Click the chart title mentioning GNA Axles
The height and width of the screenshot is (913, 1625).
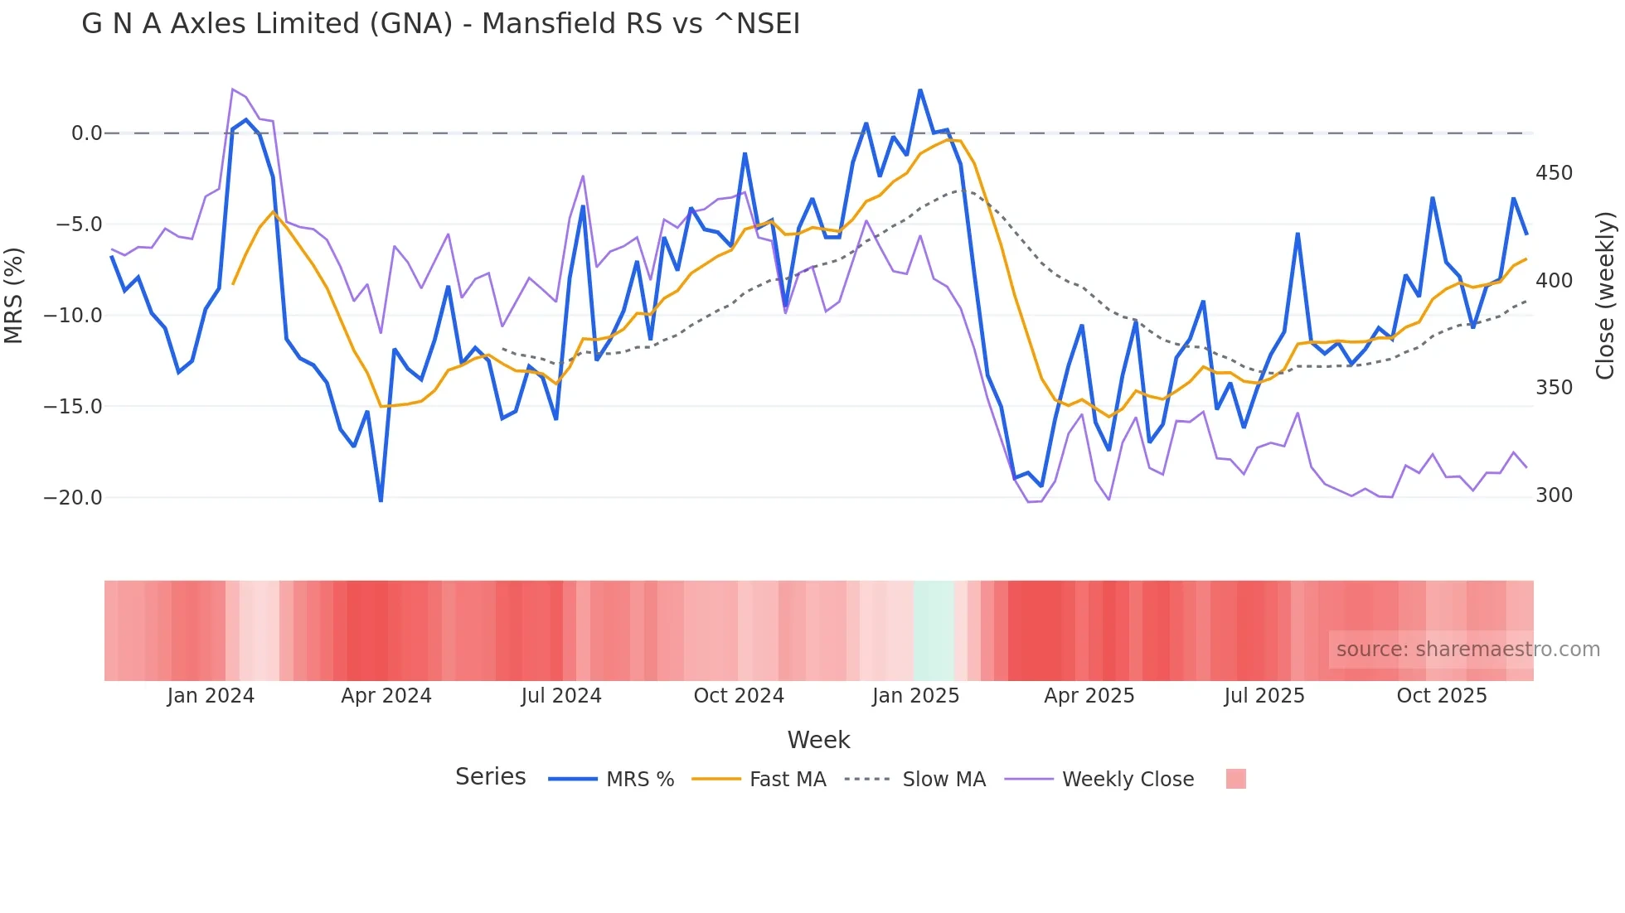point(440,24)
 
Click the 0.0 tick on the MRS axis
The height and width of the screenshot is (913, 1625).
point(86,133)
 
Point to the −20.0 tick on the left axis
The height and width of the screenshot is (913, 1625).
point(73,498)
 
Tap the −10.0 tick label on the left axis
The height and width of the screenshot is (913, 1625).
point(73,316)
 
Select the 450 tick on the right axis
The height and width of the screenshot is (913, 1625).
point(1554,173)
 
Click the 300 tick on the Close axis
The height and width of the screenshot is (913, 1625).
point(1554,495)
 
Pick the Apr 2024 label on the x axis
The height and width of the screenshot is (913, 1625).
point(386,696)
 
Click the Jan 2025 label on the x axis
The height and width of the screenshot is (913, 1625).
point(915,696)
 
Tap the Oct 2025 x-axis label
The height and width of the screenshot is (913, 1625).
point(1442,696)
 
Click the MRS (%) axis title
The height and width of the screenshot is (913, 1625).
point(14,295)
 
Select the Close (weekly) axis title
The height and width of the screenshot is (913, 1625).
point(1605,295)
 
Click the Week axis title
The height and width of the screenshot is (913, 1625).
point(818,740)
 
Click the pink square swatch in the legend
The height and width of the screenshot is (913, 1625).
point(1235,779)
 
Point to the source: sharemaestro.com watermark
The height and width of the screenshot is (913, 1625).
point(1467,650)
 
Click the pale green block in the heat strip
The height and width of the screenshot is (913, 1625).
point(934,630)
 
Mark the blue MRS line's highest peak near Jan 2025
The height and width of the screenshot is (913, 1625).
point(920,90)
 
